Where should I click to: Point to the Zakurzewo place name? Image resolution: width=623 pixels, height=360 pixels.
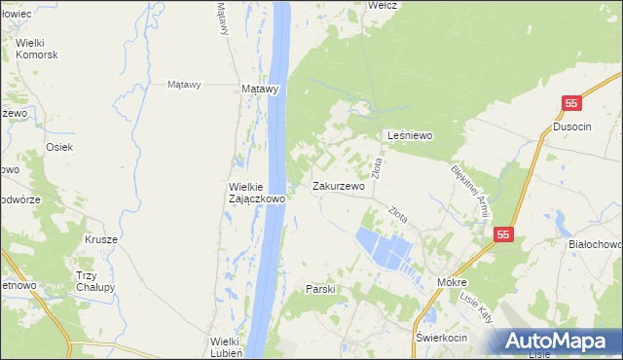(338, 186)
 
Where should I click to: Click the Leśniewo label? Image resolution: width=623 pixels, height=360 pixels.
(410, 136)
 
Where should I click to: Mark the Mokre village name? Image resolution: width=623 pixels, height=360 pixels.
(453, 282)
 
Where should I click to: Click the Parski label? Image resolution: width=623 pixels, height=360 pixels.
(320, 289)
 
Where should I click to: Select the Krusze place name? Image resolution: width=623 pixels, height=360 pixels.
(100, 239)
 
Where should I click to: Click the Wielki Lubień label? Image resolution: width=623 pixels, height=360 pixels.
(232, 346)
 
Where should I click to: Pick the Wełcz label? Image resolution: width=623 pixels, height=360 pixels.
(380, 5)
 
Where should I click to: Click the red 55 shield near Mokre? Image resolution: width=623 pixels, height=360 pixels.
(503, 234)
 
